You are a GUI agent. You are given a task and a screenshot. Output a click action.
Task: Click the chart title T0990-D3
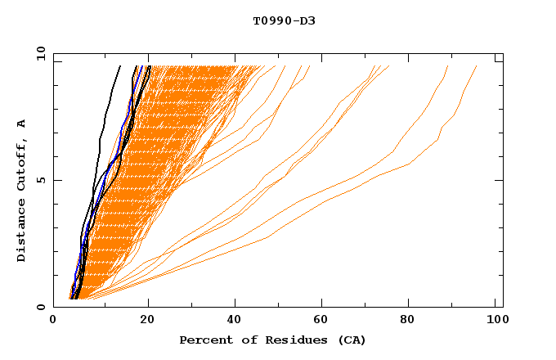284,20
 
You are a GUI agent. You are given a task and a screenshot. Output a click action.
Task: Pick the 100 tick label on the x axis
495,321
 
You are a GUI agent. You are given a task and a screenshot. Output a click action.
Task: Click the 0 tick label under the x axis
53,321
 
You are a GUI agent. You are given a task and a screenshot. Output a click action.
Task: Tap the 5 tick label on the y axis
41,180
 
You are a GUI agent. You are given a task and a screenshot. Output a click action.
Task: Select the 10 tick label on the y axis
38,53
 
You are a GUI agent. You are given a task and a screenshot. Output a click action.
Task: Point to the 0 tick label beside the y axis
41,307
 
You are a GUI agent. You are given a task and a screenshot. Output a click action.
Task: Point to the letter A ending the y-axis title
22,123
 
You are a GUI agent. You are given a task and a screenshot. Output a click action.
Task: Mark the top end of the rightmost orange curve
477,66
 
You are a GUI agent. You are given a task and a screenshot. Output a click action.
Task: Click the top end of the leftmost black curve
120,66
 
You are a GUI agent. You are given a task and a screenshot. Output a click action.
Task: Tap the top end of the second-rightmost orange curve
447,66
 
